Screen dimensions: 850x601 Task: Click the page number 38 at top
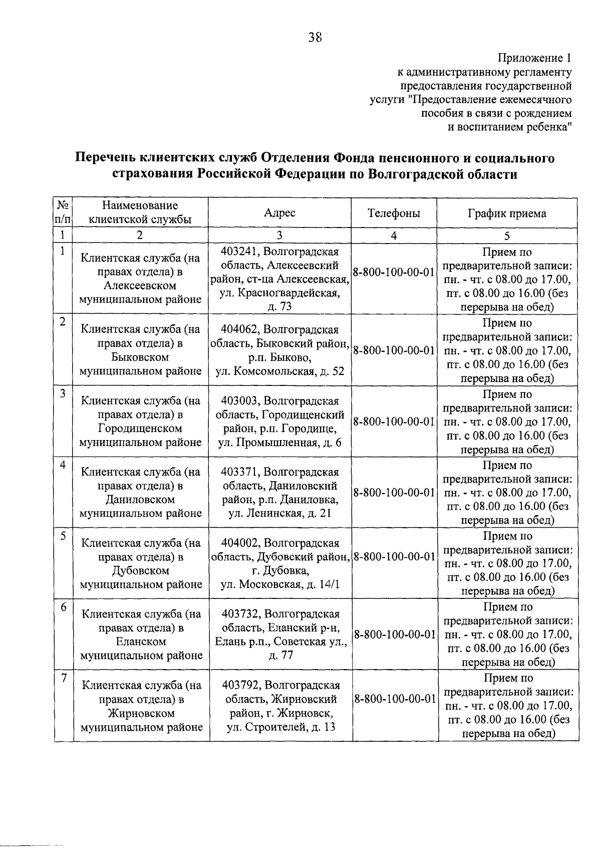(315, 37)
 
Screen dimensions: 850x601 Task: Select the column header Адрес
(279, 213)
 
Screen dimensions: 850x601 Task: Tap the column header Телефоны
(394, 213)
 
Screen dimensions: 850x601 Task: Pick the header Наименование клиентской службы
(140, 212)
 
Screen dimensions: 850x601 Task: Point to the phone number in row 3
(394, 422)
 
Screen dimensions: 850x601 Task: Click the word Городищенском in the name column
(140, 429)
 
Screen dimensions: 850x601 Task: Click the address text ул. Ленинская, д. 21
(279, 513)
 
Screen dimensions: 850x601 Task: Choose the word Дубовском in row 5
(141, 570)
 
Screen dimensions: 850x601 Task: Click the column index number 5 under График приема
(507, 236)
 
